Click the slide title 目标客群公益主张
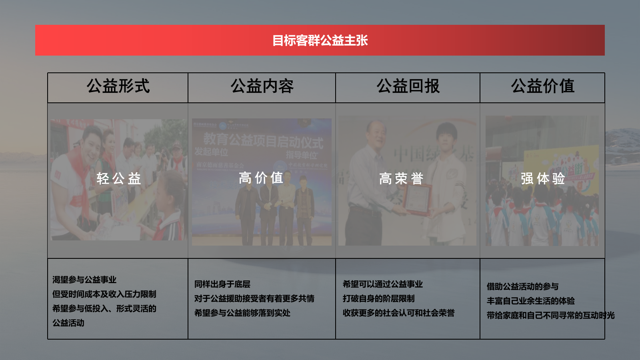click(x=320, y=40)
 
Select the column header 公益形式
click(x=118, y=86)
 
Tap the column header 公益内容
click(x=262, y=86)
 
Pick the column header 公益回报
click(x=408, y=86)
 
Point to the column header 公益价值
click(x=542, y=86)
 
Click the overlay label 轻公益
click(x=119, y=178)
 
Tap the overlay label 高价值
click(x=261, y=178)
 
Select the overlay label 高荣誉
click(x=401, y=178)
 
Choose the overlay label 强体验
click(x=543, y=178)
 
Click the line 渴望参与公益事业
click(x=84, y=280)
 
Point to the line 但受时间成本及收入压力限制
click(x=104, y=294)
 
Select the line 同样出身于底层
click(x=222, y=284)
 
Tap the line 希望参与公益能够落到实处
click(x=242, y=313)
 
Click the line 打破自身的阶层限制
click(x=378, y=298)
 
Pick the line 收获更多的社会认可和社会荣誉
click(x=398, y=313)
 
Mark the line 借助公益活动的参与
click(x=522, y=286)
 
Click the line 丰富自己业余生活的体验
click(x=530, y=301)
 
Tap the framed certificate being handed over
click(x=417, y=199)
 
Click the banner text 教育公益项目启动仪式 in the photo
click(x=263, y=140)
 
